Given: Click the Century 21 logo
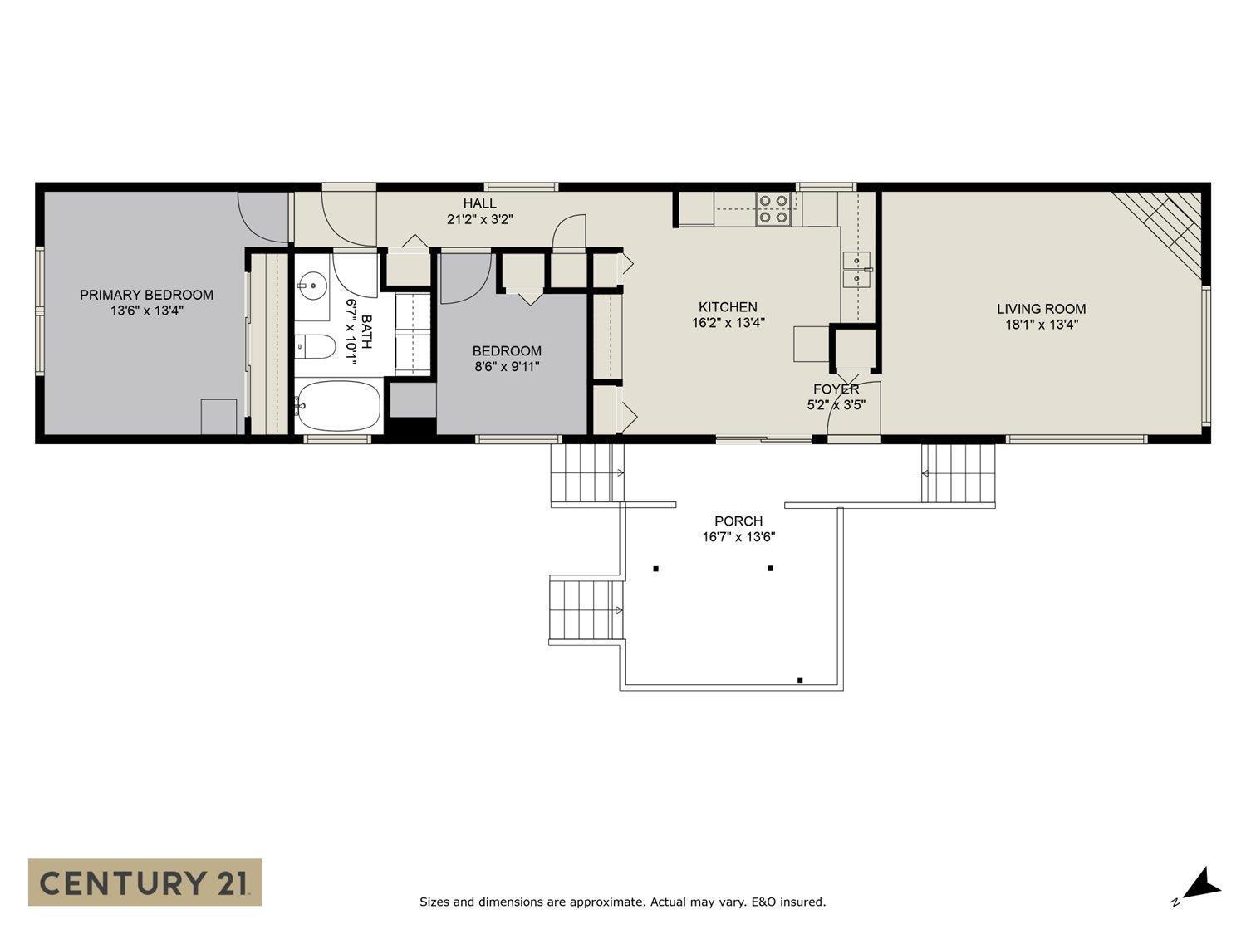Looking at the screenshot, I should pyautogui.click(x=145, y=882).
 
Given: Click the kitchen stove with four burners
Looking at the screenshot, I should pyautogui.click(x=773, y=208).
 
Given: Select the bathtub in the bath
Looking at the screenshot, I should pyautogui.click(x=337, y=406).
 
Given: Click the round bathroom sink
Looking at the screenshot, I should pyautogui.click(x=313, y=286).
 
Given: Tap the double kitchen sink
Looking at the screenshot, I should pyautogui.click(x=856, y=269).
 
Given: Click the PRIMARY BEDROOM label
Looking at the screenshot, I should pyautogui.click(x=146, y=295).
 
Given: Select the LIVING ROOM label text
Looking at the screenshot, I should pyautogui.click(x=1041, y=309).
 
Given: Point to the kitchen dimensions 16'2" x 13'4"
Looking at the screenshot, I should pyautogui.click(x=728, y=323).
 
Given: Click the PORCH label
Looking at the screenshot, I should pyautogui.click(x=738, y=521).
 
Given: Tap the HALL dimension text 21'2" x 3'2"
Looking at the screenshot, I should pyautogui.click(x=480, y=220).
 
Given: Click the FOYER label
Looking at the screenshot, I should pyautogui.click(x=836, y=389).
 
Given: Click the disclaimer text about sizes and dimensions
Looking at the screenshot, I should pyautogui.click(x=622, y=902).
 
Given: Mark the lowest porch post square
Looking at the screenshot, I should pyautogui.click(x=800, y=681).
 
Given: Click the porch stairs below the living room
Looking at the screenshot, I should pyautogui.click(x=958, y=473).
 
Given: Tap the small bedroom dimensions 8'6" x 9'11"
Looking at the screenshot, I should pyautogui.click(x=506, y=366).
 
